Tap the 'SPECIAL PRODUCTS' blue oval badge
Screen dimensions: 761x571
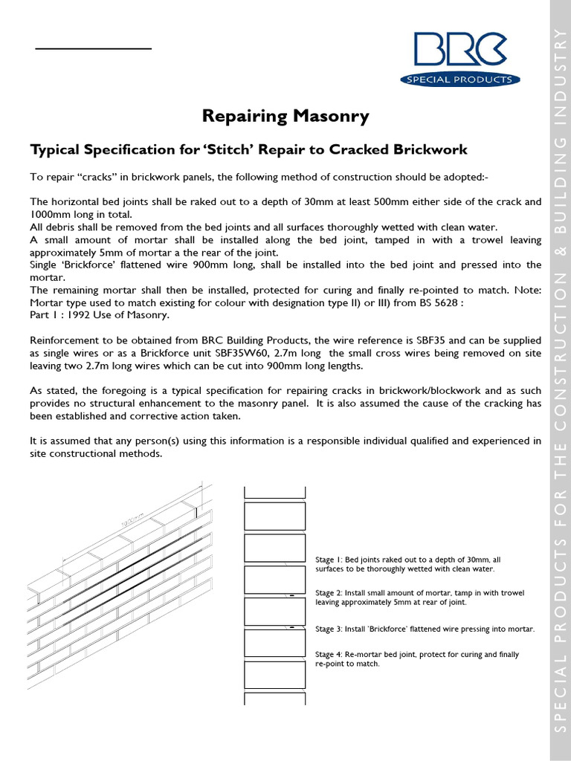460,80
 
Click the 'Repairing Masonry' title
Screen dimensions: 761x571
285,116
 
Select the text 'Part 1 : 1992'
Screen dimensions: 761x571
62,315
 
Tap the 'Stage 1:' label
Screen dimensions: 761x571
329,560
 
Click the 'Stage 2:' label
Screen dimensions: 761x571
329,593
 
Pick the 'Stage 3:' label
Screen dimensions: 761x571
329,629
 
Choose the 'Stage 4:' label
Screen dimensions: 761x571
329,655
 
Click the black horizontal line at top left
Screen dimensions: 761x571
94,48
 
